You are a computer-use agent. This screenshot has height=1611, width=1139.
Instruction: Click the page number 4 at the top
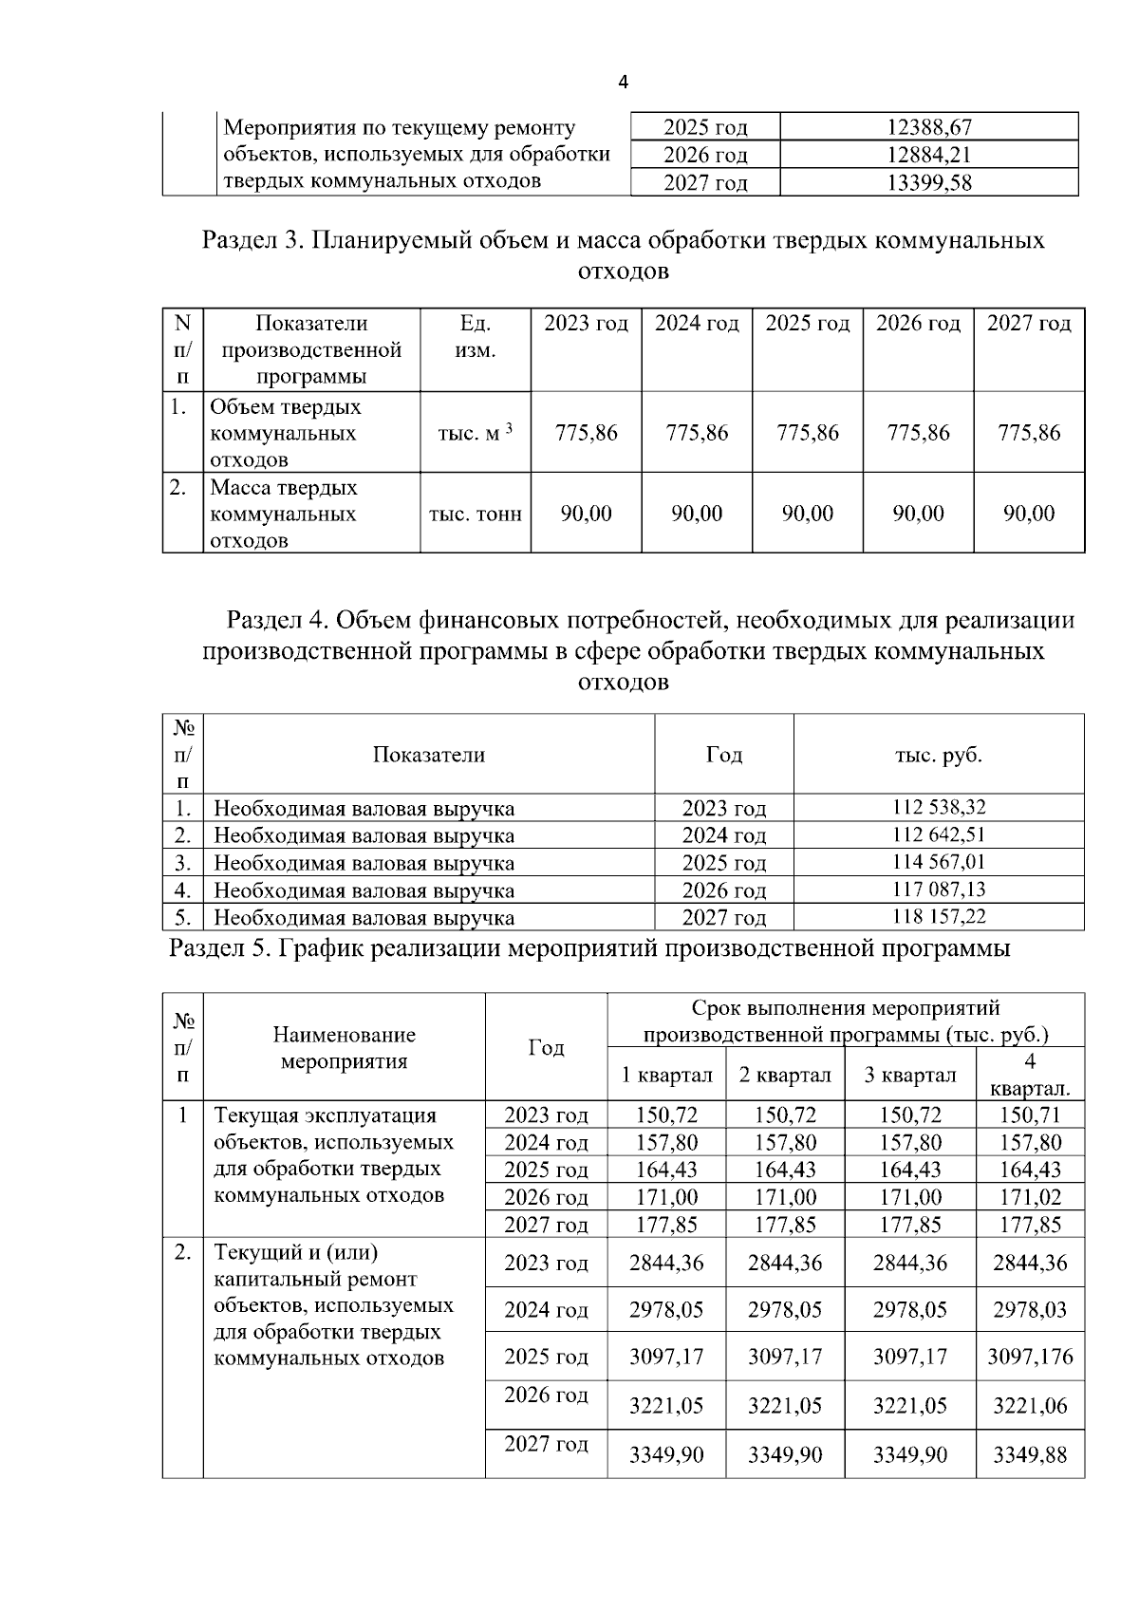click(x=623, y=83)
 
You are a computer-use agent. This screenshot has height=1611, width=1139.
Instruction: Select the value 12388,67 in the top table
click(x=928, y=127)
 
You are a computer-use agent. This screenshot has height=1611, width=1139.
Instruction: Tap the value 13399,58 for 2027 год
click(x=928, y=182)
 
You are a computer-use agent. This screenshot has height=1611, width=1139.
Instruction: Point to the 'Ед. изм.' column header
click(x=475, y=337)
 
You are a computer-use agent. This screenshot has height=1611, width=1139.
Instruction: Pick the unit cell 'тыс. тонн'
click(x=475, y=514)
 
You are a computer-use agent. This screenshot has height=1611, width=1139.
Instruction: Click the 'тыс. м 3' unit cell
click(x=475, y=433)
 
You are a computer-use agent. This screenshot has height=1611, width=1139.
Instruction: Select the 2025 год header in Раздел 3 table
click(x=807, y=324)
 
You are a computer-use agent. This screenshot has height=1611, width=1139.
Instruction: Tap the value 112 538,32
click(x=939, y=808)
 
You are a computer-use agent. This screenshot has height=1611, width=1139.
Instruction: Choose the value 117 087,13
click(x=939, y=890)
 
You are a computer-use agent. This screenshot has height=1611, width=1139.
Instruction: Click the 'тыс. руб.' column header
click(x=939, y=755)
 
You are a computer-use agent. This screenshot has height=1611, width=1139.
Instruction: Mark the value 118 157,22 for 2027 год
click(x=939, y=917)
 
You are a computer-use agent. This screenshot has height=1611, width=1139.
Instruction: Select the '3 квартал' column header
click(x=909, y=1075)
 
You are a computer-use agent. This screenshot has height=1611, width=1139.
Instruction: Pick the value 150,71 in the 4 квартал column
click(x=1030, y=1115)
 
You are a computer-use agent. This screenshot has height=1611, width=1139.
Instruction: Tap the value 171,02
click(x=1030, y=1197)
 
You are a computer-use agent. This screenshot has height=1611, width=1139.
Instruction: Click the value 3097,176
click(x=1030, y=1357)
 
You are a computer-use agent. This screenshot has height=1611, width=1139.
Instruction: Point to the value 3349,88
click(x=1030, y=1454)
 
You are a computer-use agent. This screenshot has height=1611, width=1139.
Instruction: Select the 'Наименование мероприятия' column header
click(x=344, y=1047)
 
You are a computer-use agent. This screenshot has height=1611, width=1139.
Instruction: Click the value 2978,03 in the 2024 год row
click(x=1030, y=1310)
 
